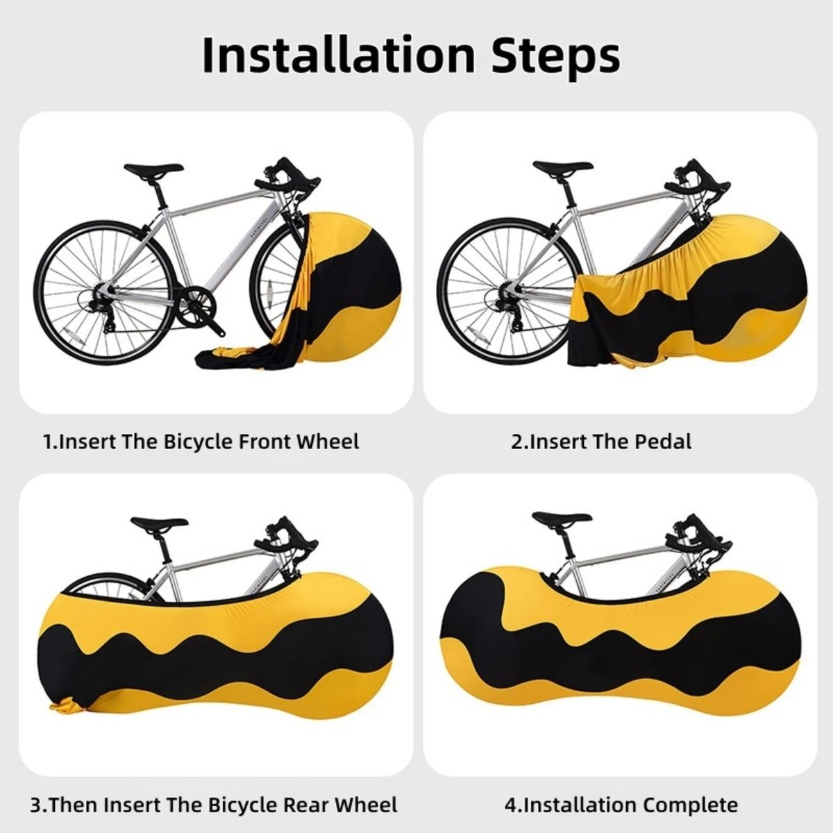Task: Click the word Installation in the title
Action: [x=339, y=55]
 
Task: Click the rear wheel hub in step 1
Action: [x=103, y=294]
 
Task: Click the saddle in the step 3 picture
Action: [x=159, y=523]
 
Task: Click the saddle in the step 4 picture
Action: [x=561, y=518]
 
